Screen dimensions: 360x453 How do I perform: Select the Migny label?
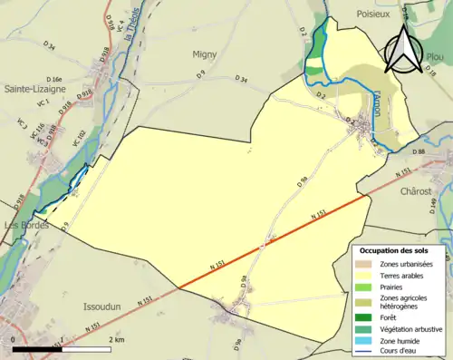click(205, 54)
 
